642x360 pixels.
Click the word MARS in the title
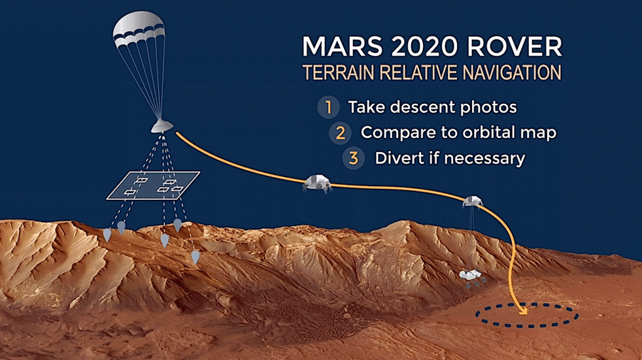coord(342,46)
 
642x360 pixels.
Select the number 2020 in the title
coord(424,46)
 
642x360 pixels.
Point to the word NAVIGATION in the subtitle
coord(512,73)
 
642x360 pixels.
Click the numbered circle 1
coord(328,107)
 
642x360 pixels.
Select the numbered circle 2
coord(340,133)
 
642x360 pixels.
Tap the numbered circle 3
coord(353,158)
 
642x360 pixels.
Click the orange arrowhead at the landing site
coord(522,311)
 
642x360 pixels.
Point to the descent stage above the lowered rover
coord(472,201)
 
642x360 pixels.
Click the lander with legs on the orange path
coord(317,184)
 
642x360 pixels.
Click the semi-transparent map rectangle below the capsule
coord(153,186)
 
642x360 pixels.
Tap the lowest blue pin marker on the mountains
coord(195,257)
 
